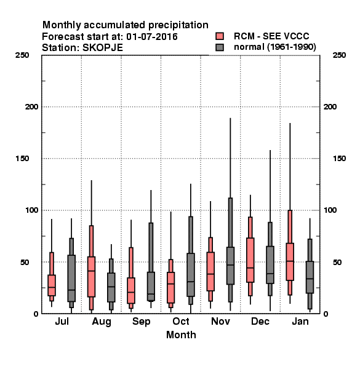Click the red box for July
point(52,285)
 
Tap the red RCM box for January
point(290,262)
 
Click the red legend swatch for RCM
point(220,36)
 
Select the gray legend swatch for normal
point(220,47)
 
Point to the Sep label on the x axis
point(142,322)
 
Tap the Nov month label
point(220,322)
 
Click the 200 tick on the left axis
point(31,107)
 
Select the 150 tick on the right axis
point(340,159)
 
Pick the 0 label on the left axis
point(36,314)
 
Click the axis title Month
point(181,335)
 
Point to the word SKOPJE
point(103,48)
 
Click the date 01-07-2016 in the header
point(152,37)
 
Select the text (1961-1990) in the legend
point(292,47)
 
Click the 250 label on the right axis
point(340,55)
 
